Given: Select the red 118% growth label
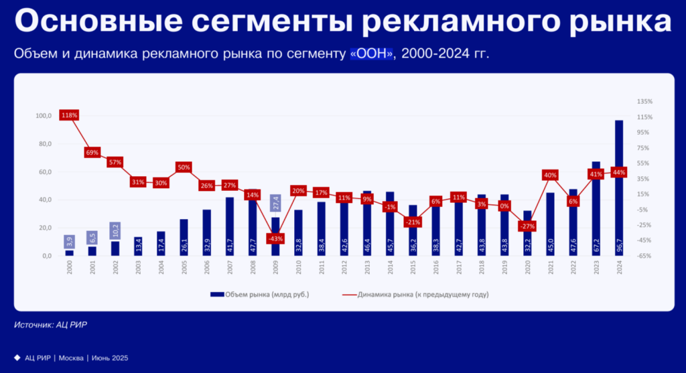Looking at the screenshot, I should tap(70, 115).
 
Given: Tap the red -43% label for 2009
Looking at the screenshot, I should tap(275, 238).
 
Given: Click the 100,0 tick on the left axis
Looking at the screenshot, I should tap(44, 116).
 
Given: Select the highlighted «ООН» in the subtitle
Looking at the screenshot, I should tap(371, 54).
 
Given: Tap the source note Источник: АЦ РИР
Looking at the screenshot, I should tap(51, 325).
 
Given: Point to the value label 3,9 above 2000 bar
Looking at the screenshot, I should tap(70, 242).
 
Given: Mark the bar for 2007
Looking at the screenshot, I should tap(230, 226).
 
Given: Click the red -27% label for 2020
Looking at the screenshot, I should tap(527, 226).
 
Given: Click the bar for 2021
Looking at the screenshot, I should tap(550, 224).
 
